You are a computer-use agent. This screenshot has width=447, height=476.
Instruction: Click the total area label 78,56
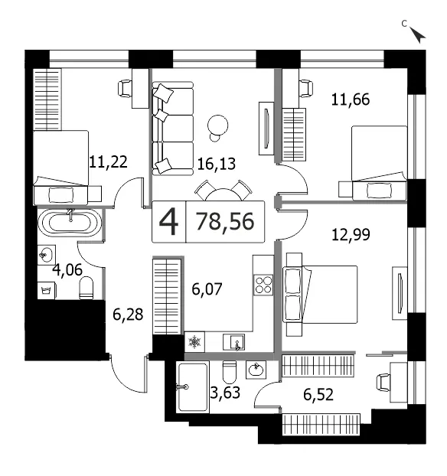coord(225,222)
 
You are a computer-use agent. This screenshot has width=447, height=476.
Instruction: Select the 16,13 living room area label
coord(216,165)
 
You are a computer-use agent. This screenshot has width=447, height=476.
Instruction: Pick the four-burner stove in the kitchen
coord(263,285)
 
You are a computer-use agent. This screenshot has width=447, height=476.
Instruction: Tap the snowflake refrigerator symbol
coord(194,342)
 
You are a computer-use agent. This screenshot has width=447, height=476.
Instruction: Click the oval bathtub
coord(70,223)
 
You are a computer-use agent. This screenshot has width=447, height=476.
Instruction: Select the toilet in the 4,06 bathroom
coord(86,288)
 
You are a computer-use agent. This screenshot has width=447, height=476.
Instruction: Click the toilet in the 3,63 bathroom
coord(230,372)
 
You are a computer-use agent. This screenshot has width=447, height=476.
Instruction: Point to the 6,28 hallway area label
coord(128,315)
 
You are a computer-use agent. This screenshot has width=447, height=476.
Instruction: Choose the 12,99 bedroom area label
coord(351,235)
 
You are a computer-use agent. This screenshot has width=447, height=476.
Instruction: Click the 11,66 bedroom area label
coord(351,99)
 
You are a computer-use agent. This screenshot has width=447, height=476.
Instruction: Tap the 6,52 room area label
coord(318,395)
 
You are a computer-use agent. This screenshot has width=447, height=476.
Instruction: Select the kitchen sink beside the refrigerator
coord(233,342)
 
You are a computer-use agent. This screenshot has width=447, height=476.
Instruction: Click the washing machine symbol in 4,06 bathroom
coord(47,291)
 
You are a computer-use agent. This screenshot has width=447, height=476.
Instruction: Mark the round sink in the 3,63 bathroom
coord(256,370)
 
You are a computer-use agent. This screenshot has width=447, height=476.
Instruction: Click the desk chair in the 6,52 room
coord(383,383)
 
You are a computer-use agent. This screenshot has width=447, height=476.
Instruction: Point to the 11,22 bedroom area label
coord(108,162)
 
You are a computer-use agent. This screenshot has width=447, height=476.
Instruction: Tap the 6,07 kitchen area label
coord(207,289)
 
